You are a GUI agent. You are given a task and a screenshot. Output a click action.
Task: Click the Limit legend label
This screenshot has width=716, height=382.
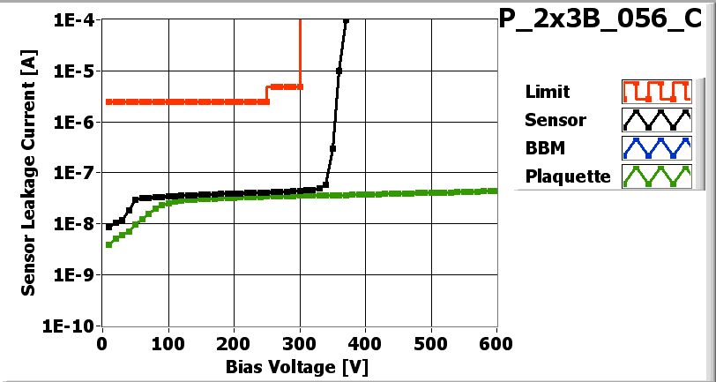(x=547, y=92)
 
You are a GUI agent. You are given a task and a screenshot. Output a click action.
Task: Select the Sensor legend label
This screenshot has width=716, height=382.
(x=555, y=119)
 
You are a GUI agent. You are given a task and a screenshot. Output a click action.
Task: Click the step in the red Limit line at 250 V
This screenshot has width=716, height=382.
(x=267, y=94)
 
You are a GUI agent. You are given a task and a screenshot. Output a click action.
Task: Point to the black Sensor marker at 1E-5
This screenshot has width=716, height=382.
(x=339, y=71)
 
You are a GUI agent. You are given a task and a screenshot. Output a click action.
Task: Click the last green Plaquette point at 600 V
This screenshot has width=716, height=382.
(x=496, y=191)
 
